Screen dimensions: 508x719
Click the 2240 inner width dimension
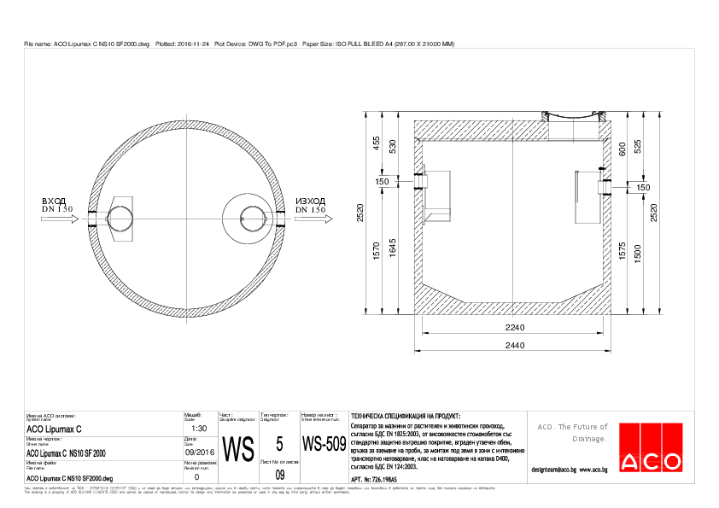514,327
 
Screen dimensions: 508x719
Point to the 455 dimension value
376,143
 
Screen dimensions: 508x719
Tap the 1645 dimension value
393,248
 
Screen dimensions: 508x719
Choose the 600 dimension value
623,148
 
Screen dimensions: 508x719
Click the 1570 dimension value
376,251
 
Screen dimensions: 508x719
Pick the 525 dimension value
638,146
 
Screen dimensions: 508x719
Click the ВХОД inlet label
54,201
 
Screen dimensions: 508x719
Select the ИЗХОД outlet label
310,201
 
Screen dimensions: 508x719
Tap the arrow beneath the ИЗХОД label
313,219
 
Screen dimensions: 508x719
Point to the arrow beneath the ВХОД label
57,219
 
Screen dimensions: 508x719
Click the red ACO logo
651,447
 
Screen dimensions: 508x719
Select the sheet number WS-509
324,445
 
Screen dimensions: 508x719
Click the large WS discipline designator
237,448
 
